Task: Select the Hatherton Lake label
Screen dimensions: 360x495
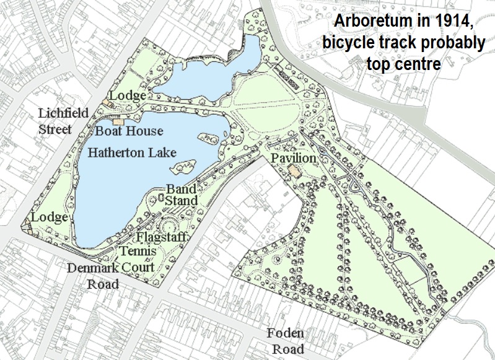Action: click(131, 152)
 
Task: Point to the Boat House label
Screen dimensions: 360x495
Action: click(129, 131)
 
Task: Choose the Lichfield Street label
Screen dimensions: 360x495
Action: click(63, 121)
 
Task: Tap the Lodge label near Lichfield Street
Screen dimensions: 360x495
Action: click(128, 96)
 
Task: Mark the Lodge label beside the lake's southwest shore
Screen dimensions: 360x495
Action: click(50, 217)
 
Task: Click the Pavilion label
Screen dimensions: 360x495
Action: click(293, 159)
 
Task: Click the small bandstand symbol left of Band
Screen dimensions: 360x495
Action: click(160, 198)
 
